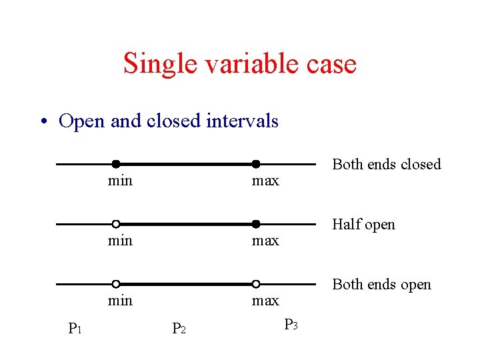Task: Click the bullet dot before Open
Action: point(44,122)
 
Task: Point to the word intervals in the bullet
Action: point(242,121)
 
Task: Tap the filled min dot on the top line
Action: point(116,164)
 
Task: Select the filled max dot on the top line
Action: point(255,164)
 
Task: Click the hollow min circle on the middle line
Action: point(116,224)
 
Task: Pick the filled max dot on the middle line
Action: point(255,224)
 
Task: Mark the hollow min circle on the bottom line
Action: point(116,284)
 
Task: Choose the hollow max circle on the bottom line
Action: point(255,284)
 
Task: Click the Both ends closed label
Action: point(387,164)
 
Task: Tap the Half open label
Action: point(363,225)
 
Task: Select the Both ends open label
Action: point(381,285)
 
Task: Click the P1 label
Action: point(75,328)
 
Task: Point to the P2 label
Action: point(179,328)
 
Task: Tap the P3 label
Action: point(291,325)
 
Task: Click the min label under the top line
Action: point(120,181)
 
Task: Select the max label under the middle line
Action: point(265,241)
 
